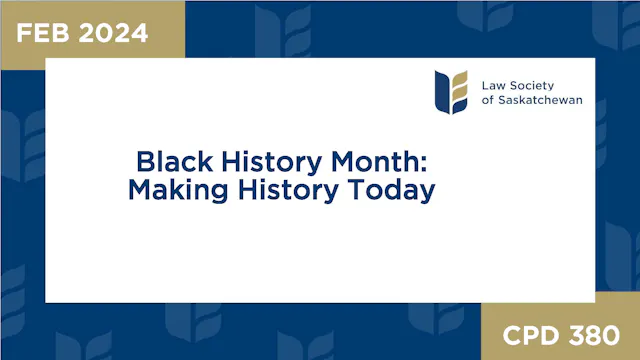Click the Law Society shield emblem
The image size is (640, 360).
(451, 91)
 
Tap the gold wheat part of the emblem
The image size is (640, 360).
(459, 91)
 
